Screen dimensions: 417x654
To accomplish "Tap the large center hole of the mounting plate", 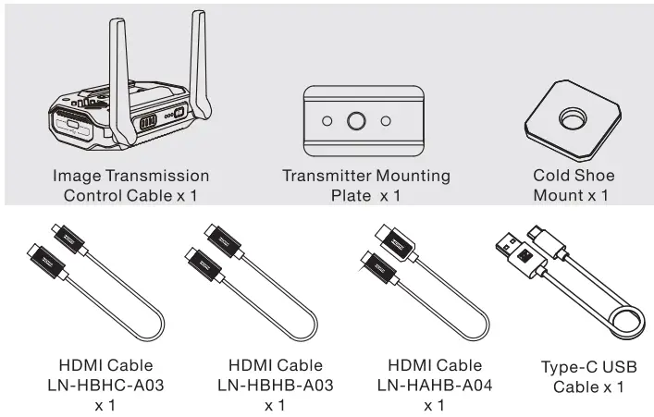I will tap(354, 121).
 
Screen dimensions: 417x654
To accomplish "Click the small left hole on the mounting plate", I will tap(327, 121).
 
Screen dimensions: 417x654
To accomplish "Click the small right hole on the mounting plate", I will tap(385, 121).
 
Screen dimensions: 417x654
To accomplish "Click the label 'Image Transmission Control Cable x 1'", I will tap(130, 185).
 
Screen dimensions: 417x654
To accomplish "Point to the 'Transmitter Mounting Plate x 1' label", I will tap(365, 185).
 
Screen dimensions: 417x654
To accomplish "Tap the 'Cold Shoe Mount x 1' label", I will tap(574, 185).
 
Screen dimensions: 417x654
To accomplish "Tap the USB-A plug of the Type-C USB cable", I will tap(514, 251).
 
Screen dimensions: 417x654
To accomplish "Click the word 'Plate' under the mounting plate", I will tap(352, 196).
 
